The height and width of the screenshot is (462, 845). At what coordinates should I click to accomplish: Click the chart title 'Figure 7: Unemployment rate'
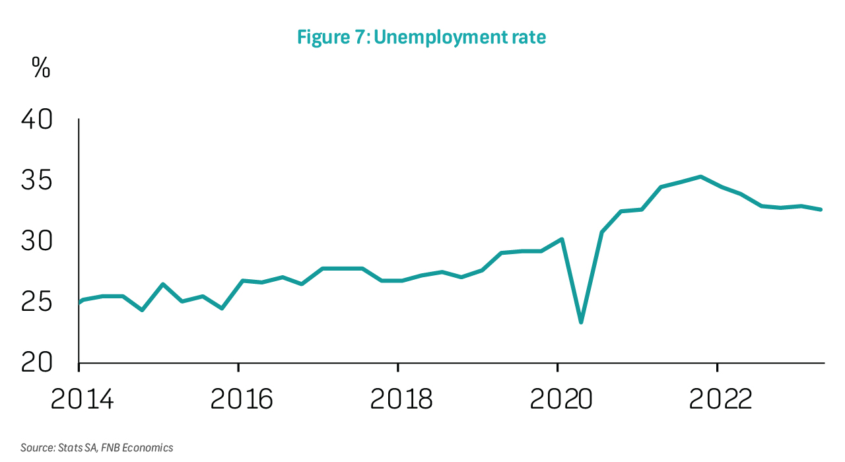(421, 38)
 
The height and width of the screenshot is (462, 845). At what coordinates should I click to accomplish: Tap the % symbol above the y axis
(41, 69)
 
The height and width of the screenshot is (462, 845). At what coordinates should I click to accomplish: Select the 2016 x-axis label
(240, 399)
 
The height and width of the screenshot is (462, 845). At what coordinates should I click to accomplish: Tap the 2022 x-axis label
(718, 399)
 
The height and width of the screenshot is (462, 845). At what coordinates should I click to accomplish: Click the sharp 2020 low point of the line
(581, 322)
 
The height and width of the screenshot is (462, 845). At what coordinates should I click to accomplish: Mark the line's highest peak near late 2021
(700, 177)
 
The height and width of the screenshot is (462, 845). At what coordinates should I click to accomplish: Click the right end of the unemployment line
(821, 210)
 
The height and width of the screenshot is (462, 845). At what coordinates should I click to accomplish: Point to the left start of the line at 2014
(80, 302)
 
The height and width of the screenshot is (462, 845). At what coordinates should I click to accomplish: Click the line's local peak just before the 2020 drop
(562, 239)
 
